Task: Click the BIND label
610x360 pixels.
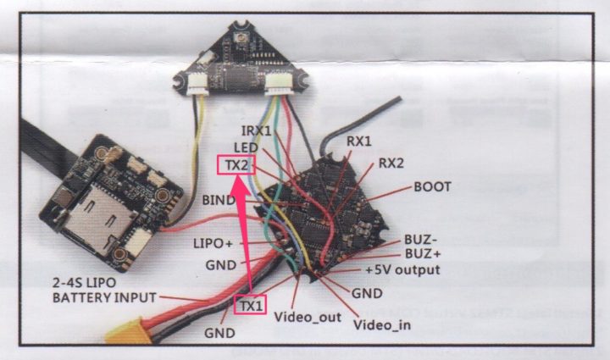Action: (220, 200)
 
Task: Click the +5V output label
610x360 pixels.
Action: (402, 270)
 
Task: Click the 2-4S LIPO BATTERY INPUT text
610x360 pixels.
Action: (105, 290)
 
